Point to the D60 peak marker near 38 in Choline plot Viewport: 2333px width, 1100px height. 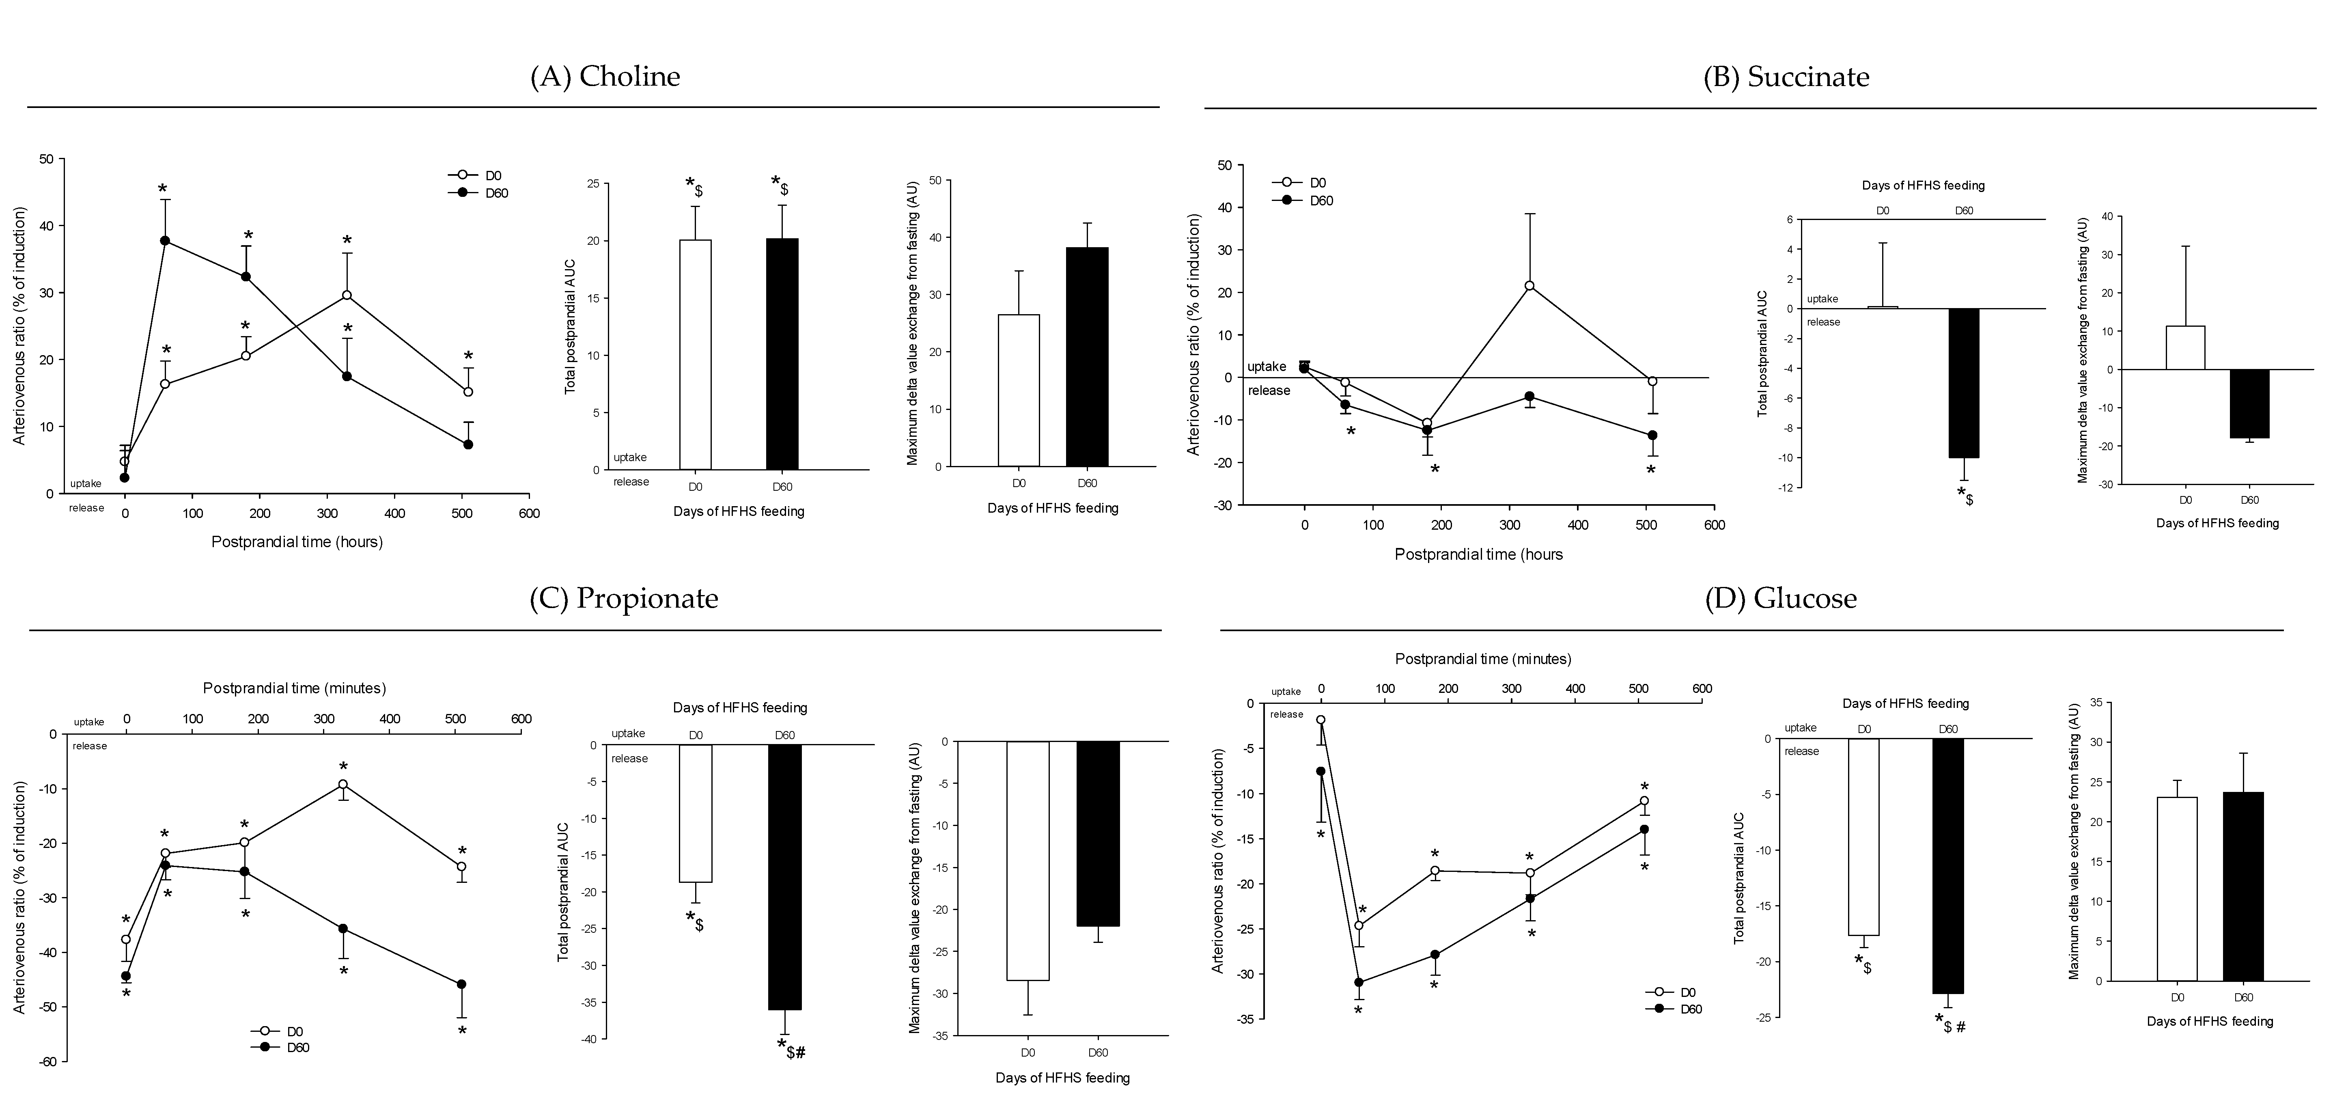(x=165, y=240)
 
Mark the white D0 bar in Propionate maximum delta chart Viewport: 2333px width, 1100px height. (x=1028, y=861)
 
